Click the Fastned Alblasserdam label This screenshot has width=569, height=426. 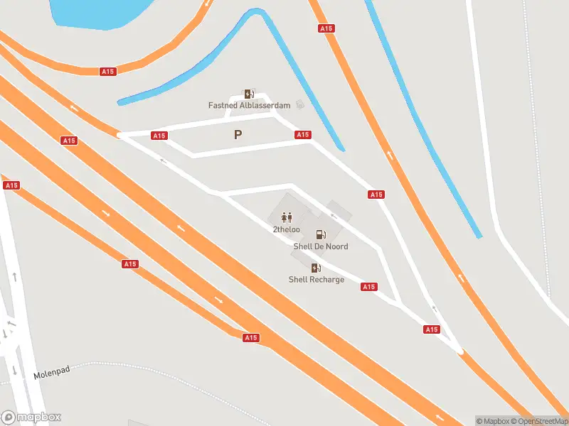pos(249,106)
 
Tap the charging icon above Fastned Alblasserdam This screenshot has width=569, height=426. pos(249,94)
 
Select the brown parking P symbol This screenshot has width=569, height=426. pos(238,134)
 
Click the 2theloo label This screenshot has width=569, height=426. pos(286,229)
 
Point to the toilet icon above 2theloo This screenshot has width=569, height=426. pos(287,217)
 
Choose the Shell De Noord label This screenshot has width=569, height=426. pos(321,246)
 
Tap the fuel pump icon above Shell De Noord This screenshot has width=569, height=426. pos(321,234)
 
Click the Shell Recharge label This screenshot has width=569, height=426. pos(316,280)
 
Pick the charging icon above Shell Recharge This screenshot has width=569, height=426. pos(316,268)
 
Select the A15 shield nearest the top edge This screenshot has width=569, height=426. pos(326,28)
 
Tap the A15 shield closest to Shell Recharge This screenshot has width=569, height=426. pos(368,287)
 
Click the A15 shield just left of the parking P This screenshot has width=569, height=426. pos(159,136)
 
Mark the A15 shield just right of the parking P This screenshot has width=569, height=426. pos(303,135)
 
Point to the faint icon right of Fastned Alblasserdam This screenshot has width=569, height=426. pos(300,105)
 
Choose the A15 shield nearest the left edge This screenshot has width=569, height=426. pos(11,185)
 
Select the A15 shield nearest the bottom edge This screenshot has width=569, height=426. pos(250,338)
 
